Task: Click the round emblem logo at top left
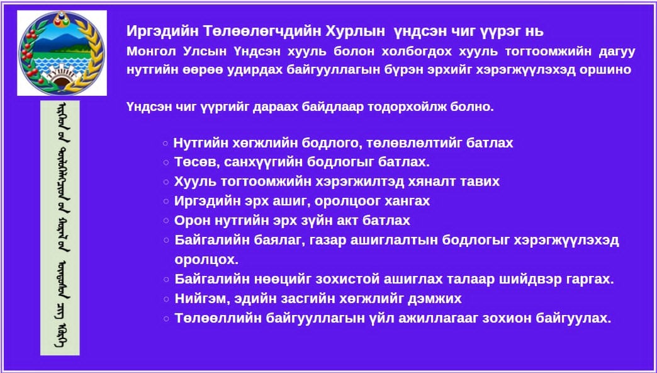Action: [61, 52]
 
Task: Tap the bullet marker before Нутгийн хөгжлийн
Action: [166, 144]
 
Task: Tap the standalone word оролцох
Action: [206, 260]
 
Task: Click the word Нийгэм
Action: [197, 298]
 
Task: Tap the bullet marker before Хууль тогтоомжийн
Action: [166, 181]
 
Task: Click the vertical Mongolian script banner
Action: [60, 227]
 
